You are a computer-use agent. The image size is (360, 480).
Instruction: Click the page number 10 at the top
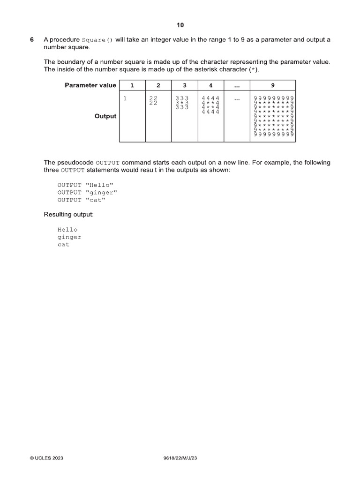180,25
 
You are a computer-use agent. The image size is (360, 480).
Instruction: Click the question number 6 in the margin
32,40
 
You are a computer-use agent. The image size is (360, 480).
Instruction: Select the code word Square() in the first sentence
97,40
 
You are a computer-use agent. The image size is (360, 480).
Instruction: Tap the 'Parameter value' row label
90,85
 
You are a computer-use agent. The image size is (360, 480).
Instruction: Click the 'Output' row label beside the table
105,116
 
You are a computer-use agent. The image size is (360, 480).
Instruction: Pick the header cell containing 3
185,85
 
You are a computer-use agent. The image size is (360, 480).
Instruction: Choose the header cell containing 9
273,85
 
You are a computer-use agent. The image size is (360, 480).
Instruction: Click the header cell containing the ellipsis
237,85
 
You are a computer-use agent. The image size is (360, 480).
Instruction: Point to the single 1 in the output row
125,98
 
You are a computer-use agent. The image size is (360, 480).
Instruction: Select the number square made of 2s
153,101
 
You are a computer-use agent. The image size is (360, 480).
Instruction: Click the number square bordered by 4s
210,105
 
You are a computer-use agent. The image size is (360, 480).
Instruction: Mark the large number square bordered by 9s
273,116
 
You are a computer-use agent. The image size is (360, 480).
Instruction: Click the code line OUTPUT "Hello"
85,185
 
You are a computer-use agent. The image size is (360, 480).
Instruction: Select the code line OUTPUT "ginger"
88,192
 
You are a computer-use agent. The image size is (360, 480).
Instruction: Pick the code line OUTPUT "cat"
82,200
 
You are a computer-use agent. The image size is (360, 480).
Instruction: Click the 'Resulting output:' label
69,215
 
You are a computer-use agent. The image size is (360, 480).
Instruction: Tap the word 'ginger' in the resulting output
69,237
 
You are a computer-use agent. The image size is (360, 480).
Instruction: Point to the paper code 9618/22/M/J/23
180,458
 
